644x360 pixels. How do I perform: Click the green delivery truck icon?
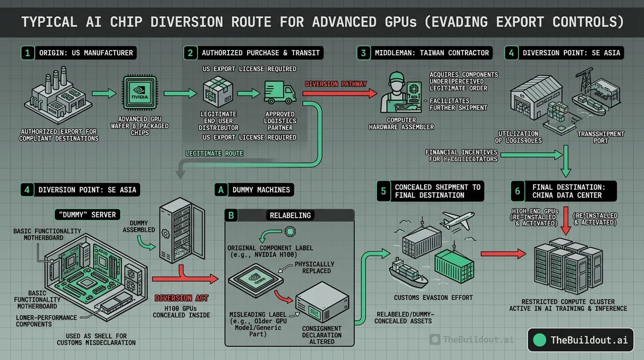[280, 92]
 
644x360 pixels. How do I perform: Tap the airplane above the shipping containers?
[457, 221]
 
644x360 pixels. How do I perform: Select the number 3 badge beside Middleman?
[364, 52]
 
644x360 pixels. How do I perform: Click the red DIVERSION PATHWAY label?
[336, 84]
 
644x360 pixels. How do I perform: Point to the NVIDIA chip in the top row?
[139, 93]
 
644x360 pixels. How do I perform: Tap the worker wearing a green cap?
[396, 91]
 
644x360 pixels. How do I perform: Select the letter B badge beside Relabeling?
[231, 215]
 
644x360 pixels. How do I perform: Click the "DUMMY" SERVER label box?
[88, 214]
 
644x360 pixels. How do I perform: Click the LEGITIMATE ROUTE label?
[214, 153]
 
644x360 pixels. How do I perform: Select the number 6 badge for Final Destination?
[517, 191]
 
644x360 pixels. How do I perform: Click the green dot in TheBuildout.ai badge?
[540, 340]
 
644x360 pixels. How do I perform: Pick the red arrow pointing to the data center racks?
[503, 254]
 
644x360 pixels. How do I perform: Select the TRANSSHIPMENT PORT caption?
[600, 137]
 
